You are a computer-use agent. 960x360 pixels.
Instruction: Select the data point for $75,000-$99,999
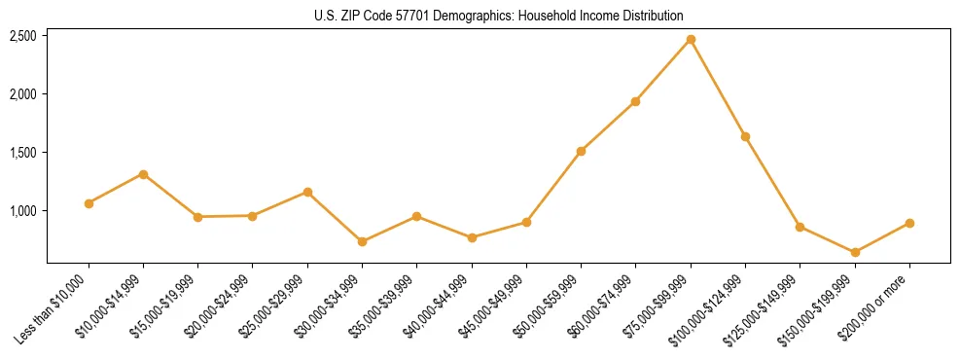[691, 39]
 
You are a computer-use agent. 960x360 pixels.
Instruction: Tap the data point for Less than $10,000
[89, 203]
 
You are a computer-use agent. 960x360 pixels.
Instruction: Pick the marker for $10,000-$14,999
[143, 174]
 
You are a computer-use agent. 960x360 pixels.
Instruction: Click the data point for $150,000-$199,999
[855, 252]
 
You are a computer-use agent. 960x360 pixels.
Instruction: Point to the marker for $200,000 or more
[909, 223]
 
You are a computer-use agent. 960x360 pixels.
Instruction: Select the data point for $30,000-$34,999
[362, 241]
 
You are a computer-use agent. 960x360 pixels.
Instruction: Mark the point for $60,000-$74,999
[635, 101]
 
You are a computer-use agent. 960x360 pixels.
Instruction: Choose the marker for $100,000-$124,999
[745, 136]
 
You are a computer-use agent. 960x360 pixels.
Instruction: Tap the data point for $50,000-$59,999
[581, 151]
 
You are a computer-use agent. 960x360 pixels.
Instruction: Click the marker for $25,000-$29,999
[307, 192]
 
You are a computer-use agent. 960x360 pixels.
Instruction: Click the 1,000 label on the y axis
[22, 211]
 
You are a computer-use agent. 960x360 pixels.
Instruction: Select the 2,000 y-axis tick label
[22, 94]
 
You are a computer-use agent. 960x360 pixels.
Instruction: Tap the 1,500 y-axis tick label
[22, 153]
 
